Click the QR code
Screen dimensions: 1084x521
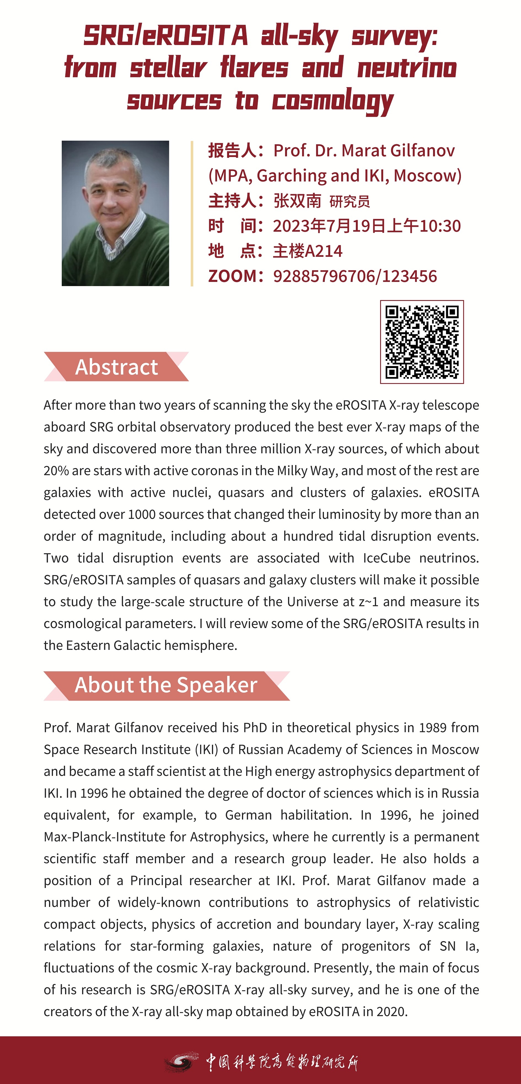[x=422, y=342]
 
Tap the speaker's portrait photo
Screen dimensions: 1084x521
[x=115, y=213]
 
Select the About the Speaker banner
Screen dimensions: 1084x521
[x=166, y=685]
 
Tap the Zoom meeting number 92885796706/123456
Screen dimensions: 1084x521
[x=355, y=276]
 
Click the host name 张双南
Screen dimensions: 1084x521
[x=297, y=201]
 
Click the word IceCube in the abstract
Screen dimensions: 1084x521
[x=386, y=558]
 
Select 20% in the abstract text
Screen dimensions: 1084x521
[x=56, y=471]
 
